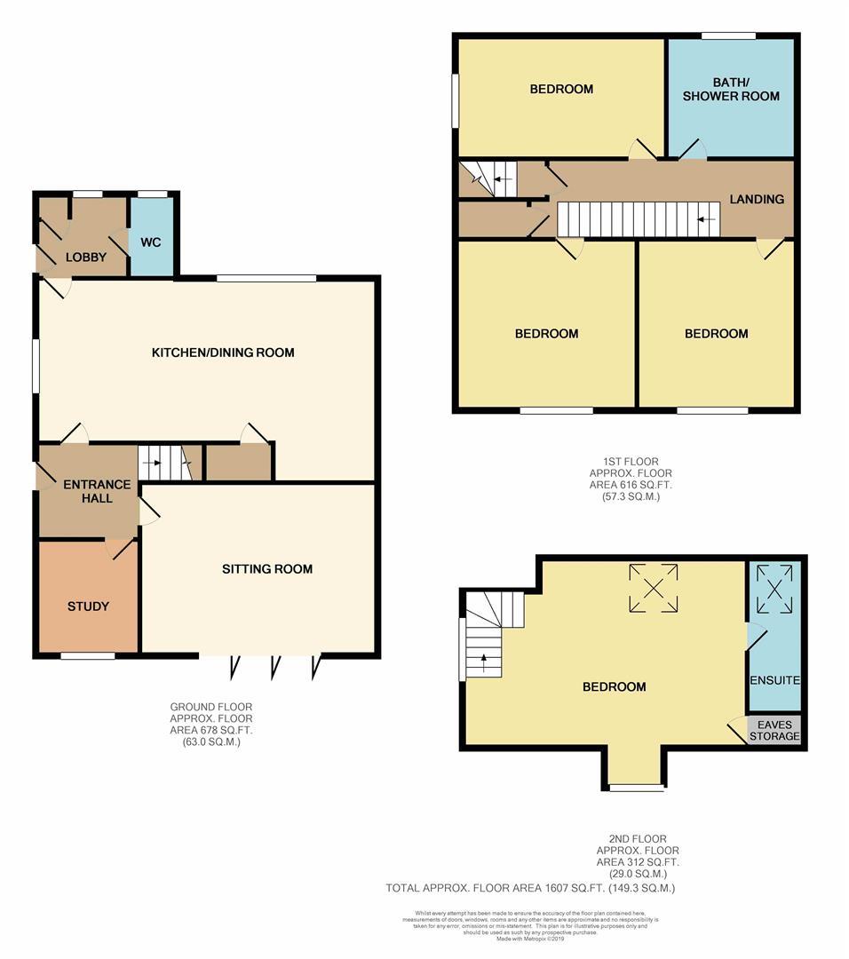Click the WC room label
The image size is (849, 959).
point(151,242)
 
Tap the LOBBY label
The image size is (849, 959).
point(86,258)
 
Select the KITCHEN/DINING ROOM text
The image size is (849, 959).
point(223,353)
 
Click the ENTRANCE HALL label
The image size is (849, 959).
point(97,491)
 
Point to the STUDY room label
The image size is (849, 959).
point(88,606)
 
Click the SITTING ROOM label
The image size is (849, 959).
point(267,568)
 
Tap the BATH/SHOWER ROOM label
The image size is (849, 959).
point(731,89)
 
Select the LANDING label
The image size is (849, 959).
point(757,199)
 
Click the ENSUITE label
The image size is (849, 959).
point(775,680)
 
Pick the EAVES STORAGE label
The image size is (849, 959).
point(775,731)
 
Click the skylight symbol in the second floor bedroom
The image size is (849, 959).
point(654,588)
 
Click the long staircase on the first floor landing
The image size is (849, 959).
point(638,218)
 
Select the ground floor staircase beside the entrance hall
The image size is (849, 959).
point(165,463)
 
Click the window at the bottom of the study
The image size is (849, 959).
point(88,656)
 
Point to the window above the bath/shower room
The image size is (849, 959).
point(728,36)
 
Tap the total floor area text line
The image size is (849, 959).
point(530,887)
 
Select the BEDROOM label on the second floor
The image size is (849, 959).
point(614,686)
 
